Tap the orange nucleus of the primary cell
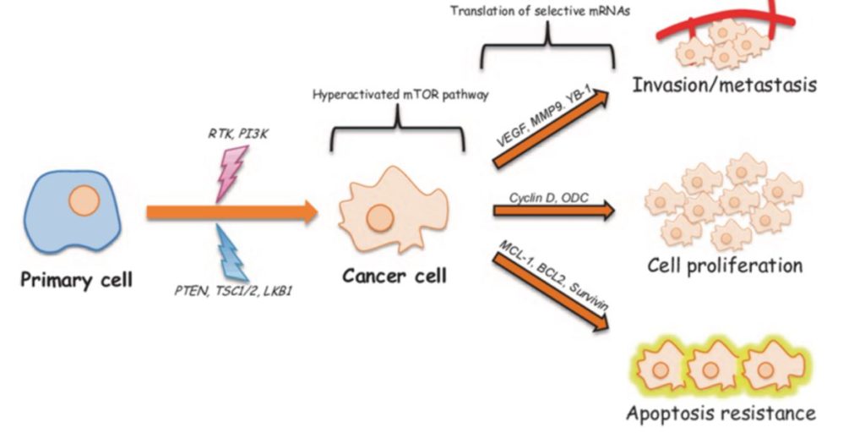click(84, 204)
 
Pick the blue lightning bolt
click(230, 253)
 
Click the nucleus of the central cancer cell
click(378, 216)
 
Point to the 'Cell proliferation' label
click(725, 266)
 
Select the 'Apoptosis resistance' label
click(721, 414)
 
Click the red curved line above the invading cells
click(726, 20)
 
